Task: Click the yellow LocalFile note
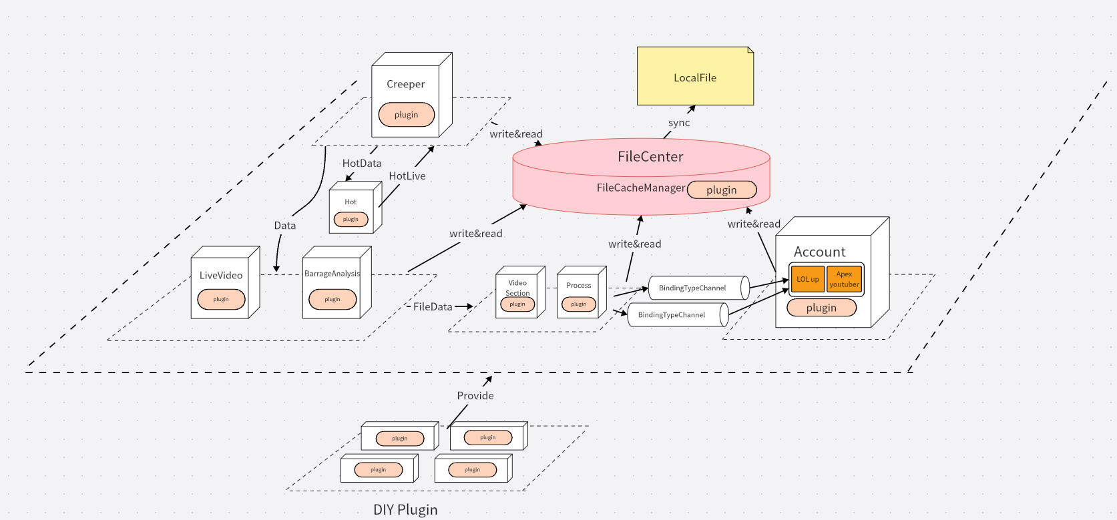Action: coord(695,77)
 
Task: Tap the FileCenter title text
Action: coord(650,157)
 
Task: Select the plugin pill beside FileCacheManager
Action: coord(722,190)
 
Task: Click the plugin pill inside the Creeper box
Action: coord(406,115)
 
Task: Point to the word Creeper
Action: coord(405,84)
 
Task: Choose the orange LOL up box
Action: coord(807,280)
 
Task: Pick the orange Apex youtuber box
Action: coord(844,280)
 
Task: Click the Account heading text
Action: coord(819,252)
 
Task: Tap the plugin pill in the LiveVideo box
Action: coord(221,300)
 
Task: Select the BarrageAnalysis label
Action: coord(332,274)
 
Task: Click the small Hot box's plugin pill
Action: coord(351,220)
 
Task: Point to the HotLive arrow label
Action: coord(407,176)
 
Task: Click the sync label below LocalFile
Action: coord(679,123)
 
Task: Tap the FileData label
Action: coord(433,307)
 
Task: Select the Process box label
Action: coord(578,286)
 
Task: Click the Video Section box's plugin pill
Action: coord(517,304)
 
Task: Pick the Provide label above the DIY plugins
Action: coord(475,396)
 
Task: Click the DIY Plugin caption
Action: coord(405,509)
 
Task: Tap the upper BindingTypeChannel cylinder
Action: coord(694,288)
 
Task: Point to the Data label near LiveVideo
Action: coord(285,226)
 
